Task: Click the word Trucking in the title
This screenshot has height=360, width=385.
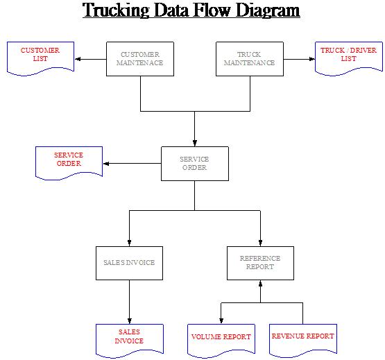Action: point(116,10)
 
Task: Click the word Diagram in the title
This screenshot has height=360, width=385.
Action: point(268,10)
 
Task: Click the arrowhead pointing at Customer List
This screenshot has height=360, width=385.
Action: point(78,59)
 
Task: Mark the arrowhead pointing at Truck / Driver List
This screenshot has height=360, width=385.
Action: point(312,59)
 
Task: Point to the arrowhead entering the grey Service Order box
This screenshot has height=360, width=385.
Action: point(195,143)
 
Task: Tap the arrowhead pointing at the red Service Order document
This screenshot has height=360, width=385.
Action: point(106,164)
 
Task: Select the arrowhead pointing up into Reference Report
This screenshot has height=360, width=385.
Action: point(260,284)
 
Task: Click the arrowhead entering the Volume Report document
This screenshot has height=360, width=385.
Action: point(221,320)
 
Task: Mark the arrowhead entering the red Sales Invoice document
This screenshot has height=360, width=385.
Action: point(130,320)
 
